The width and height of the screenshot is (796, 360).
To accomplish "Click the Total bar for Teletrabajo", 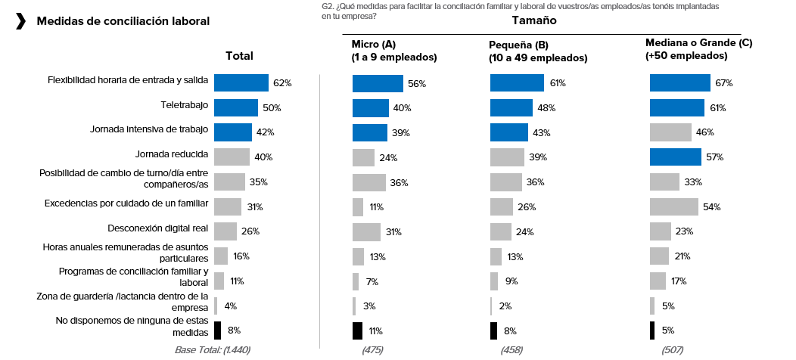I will tap(235, 107).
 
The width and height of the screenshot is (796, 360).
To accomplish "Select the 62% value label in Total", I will tap(282, 83).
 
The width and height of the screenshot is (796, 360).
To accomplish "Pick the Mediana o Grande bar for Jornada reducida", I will tap(675, 157).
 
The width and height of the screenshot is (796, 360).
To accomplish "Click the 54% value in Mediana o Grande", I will tap(711, 207).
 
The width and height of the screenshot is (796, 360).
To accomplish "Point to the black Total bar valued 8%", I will tap(217, 331).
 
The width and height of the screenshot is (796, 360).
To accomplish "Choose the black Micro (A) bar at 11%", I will tap(357, 331).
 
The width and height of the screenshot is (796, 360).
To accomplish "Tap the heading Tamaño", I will tap(533, 20).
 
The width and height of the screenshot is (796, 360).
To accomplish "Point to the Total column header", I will tap(239, 56).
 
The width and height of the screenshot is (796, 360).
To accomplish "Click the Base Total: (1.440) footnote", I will tap(212, 349).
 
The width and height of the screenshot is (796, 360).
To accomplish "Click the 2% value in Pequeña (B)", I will tap(505, 306).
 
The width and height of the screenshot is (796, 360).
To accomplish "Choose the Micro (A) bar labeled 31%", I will tap(366, 231).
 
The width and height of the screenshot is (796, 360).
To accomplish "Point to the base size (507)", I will tap(672, 349).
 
